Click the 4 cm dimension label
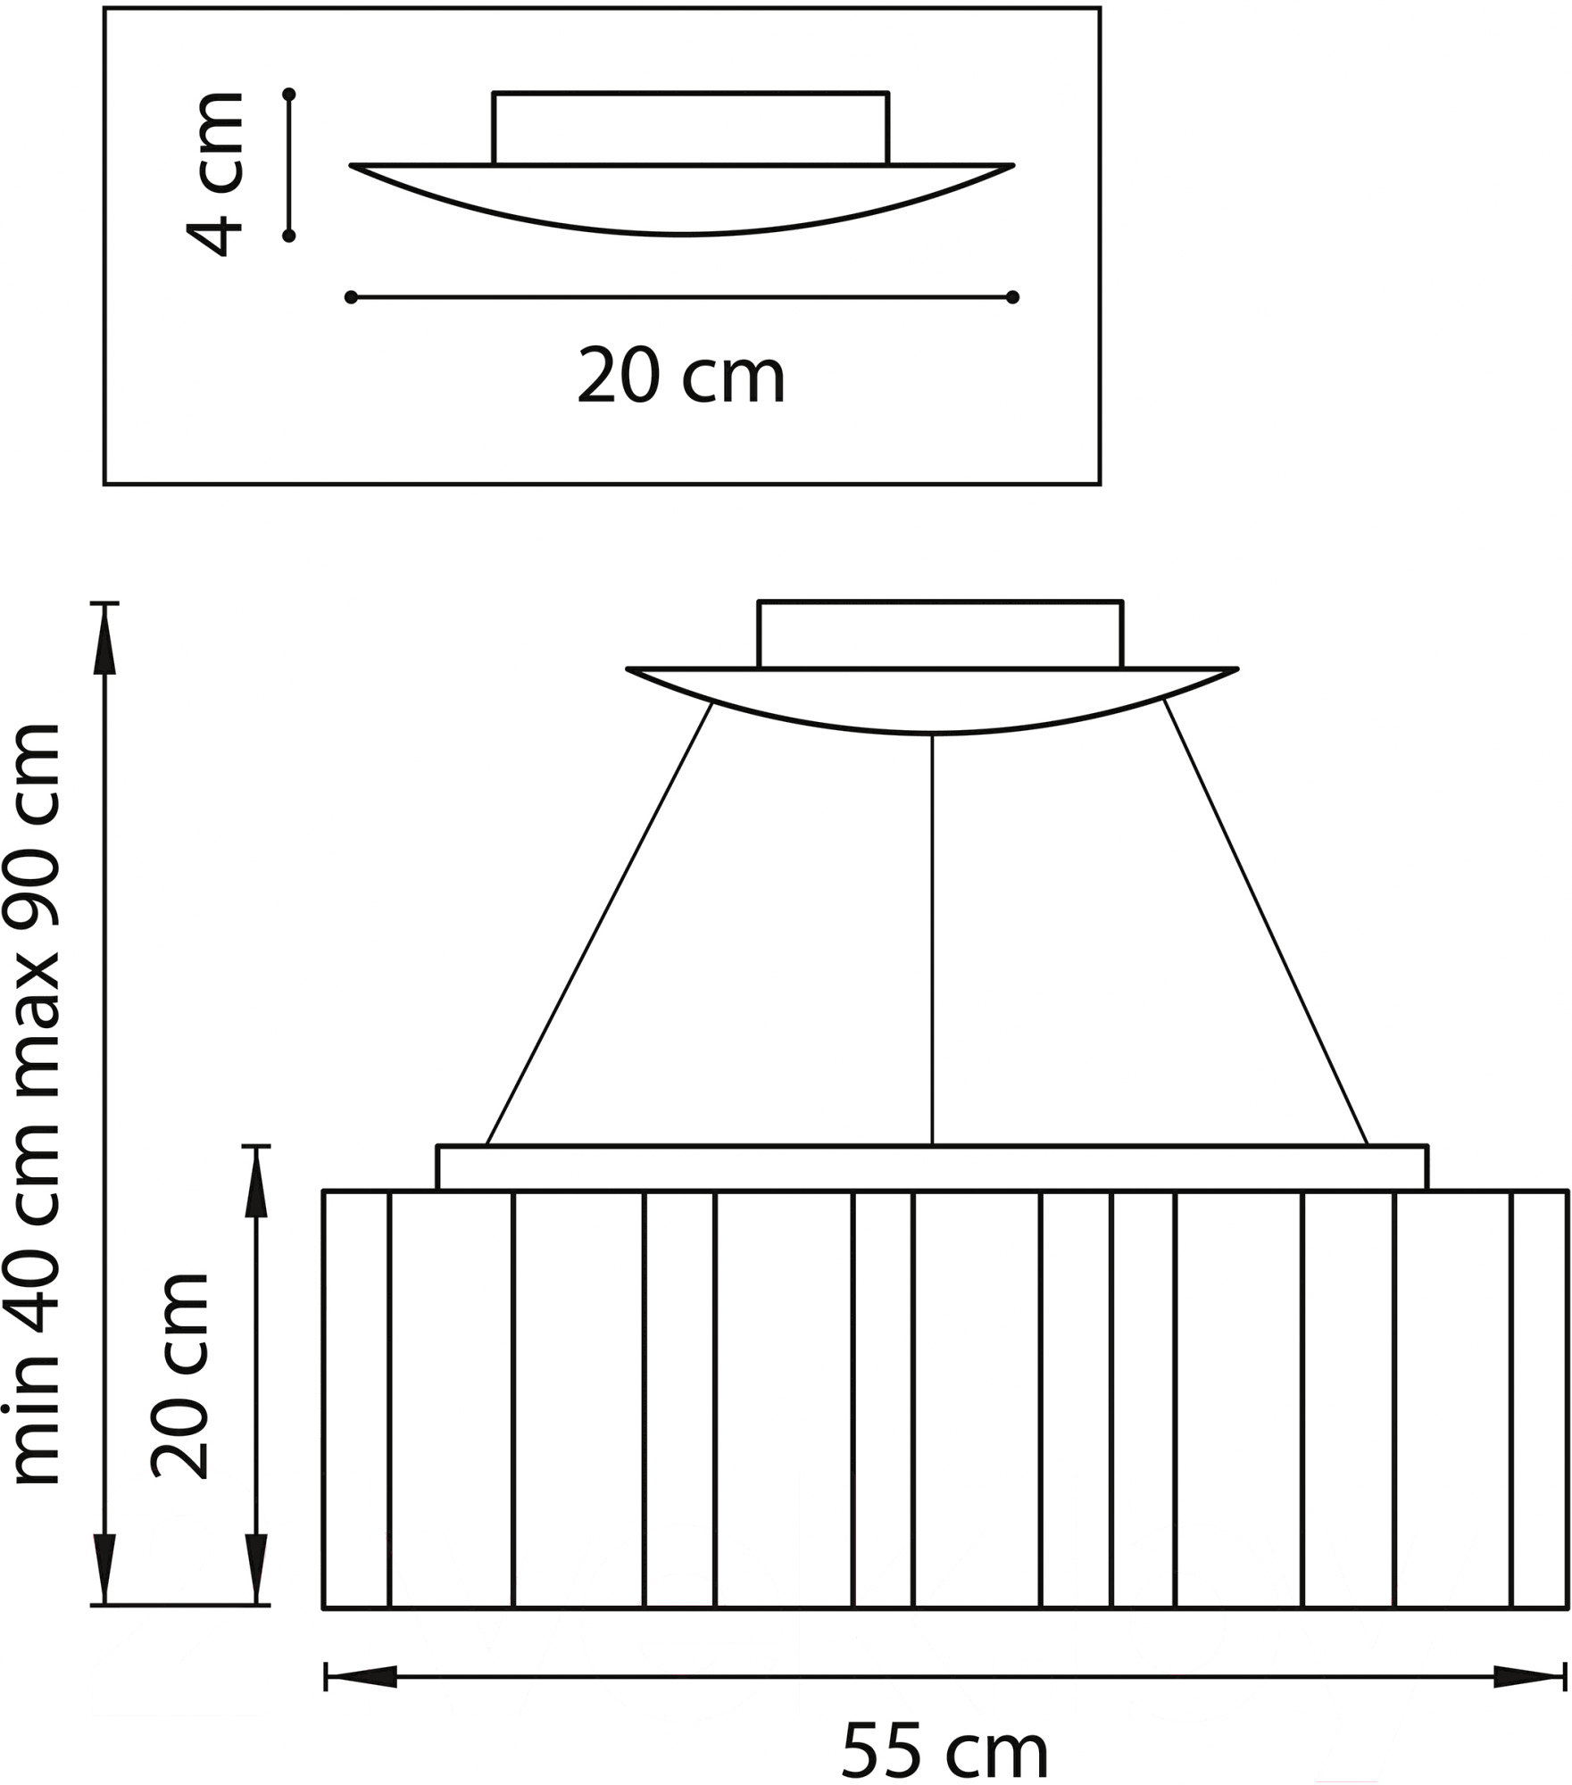[215, 173]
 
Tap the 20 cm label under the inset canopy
[681, 377]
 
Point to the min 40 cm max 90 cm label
[31, 1104]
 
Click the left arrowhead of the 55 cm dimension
[361, 1677]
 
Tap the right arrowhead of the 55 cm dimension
[1530, 1677]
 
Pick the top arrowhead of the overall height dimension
[105, 640]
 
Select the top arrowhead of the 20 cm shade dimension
[257, 1182]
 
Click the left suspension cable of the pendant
[599, 923]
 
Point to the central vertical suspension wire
[932, 939]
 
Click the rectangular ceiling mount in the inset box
[690, 129]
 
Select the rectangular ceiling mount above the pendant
[940, 635]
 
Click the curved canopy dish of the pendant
[932, 701]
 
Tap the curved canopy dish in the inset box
[682, 200]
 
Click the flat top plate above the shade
[932, 1167]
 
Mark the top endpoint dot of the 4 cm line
[288, 94]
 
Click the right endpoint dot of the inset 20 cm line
[1012, 297]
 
